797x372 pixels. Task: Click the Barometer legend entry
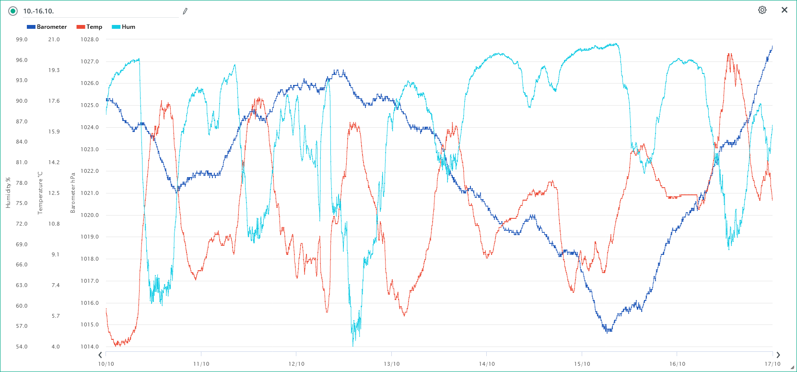pos(47,27)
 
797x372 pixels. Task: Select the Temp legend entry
pos(90,27)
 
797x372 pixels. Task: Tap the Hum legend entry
pos(124,27)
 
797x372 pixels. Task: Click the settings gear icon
pos(762,10)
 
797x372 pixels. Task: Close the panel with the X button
pos(785,10)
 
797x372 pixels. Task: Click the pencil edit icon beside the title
pos(185,11)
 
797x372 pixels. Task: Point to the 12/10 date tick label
pos(296,364)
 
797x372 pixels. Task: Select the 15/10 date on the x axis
pos(582,364)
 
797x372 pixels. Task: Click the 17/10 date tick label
pos(772,364)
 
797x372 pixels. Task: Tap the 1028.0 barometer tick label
pos(89,39)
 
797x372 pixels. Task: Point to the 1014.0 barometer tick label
pos(89,347)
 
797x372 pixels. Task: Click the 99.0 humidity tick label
pos(22,39)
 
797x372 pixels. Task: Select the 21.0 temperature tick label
pos(54,39)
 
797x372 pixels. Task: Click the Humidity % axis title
pos(8,193)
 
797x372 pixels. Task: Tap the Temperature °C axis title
pos(40,193)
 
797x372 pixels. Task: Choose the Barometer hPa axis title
pos(73,193)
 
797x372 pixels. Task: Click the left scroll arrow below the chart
pos(100,355)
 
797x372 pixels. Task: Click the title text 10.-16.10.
pos(38,11)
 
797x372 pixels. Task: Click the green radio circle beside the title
pos(13,11)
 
